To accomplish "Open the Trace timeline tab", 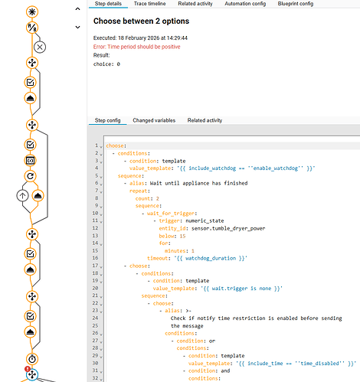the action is [149, 4].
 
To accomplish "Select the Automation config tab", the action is [245, 4].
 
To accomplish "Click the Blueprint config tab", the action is [296, 4].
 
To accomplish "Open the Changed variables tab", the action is [154, 120].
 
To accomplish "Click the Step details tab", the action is [108, 4].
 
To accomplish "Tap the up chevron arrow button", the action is [78, 9].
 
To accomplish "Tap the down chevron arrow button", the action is [78, 27].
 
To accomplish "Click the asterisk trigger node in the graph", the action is [32, 12].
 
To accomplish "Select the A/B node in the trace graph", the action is [32, 28].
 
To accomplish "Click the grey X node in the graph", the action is [40, 47].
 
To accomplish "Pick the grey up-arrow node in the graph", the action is [22, 196].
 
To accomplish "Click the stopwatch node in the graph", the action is [32, 359].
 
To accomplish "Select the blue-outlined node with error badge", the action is [32, 374].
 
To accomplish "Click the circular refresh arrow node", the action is [31, 176].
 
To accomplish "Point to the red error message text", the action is [137, 47].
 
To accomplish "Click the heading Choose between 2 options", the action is [141, 21].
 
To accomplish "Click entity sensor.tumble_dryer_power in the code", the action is [228, 228].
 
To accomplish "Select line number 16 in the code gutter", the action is [95, 258].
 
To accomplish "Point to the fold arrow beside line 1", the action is [101, 147].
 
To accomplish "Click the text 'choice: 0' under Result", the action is [106, 64].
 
